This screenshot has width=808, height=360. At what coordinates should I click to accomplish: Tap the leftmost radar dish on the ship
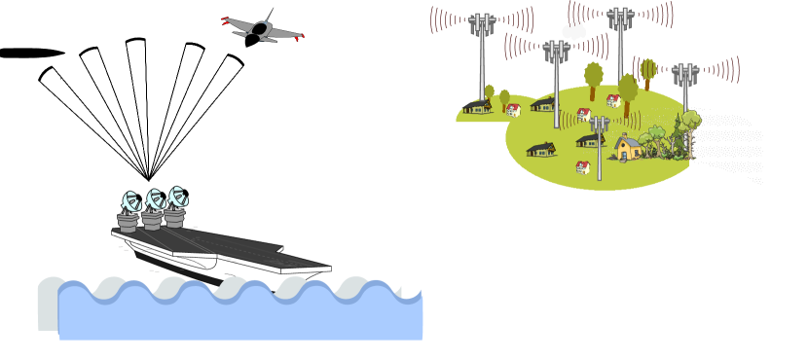coord(129,202)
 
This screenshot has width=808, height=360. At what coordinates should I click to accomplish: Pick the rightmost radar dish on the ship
coord(176,198)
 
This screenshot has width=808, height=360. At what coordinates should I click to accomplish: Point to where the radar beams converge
coord(149,180)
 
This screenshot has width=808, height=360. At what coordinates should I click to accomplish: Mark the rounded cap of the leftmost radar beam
coord(46,74)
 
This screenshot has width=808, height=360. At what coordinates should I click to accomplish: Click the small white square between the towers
coord(573,29)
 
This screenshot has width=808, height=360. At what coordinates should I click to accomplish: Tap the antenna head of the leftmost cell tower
coord(481,24)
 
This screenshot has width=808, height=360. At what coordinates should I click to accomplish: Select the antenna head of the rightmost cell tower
coord(685,74)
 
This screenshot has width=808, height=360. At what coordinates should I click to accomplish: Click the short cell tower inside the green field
coord(599,146)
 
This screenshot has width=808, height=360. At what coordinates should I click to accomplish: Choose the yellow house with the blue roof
coord(628,148)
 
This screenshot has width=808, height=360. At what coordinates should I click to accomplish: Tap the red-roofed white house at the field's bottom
coord(582,167)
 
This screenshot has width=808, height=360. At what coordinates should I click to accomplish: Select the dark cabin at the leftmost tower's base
coord(477,106)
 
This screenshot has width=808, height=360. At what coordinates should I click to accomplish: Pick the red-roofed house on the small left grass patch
coord(513,110)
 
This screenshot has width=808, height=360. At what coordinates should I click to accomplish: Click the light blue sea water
coord(243,316)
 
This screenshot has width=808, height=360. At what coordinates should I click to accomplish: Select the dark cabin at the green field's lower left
coord(541,149)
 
